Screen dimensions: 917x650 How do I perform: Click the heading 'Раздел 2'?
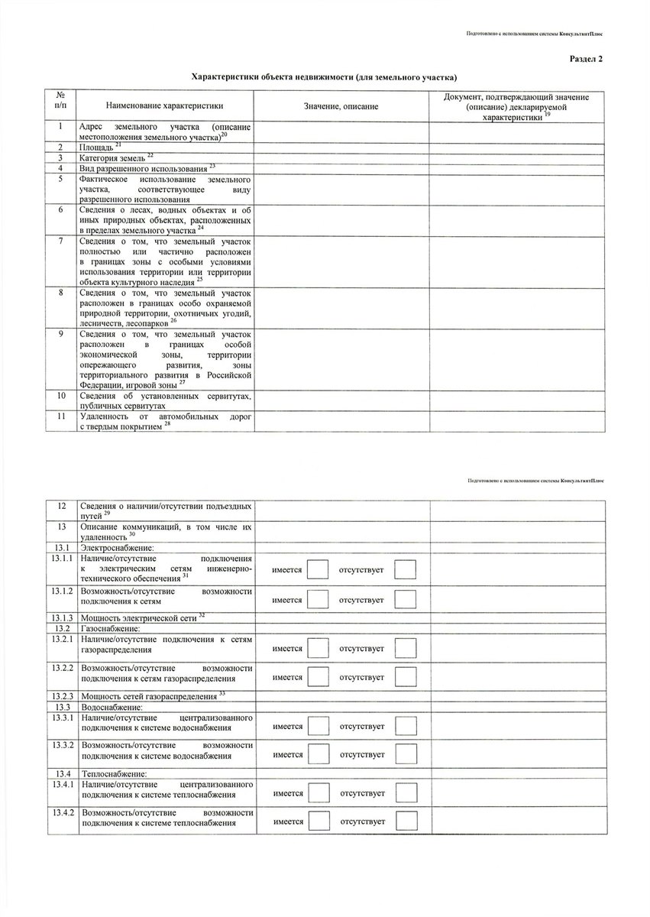586,60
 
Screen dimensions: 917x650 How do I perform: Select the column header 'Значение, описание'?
341,105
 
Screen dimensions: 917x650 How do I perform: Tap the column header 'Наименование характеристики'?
165,105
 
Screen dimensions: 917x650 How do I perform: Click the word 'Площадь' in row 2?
96,146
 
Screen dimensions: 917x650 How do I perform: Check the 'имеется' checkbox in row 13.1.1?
319,570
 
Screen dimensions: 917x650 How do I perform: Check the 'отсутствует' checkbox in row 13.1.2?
406,601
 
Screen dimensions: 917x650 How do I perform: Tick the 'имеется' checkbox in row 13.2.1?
319,649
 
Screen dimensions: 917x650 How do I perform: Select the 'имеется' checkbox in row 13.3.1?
319,725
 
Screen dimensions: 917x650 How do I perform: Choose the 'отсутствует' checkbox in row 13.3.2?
406,755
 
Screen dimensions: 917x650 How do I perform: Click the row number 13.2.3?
62,696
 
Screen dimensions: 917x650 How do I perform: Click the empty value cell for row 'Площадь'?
341,146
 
